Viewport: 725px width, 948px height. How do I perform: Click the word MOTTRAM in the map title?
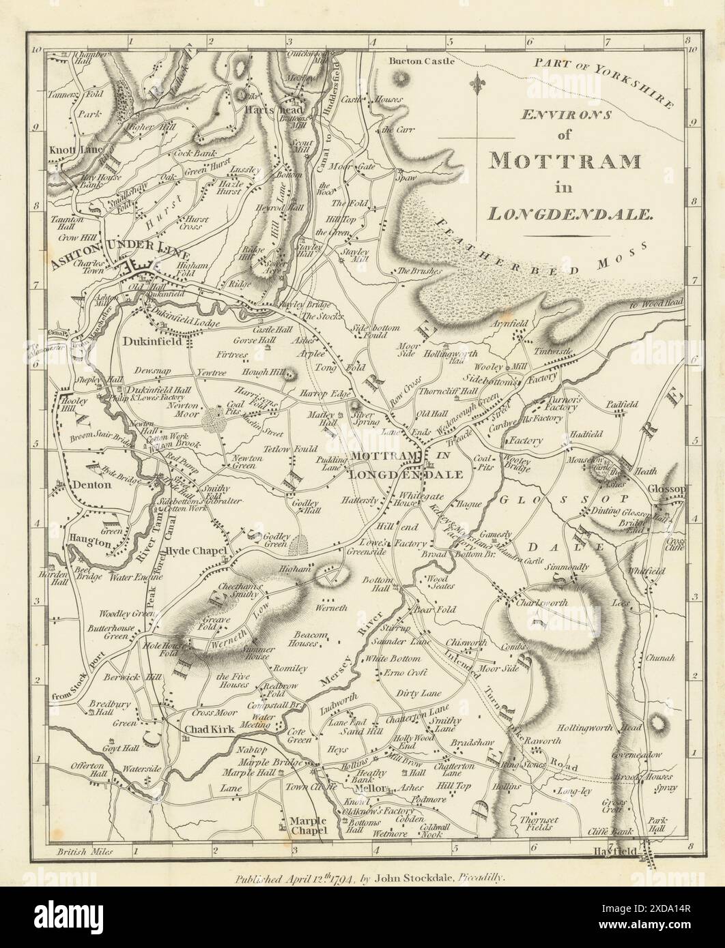[x=564, y=160]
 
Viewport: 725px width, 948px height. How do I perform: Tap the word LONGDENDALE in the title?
[x=571, y=213]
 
